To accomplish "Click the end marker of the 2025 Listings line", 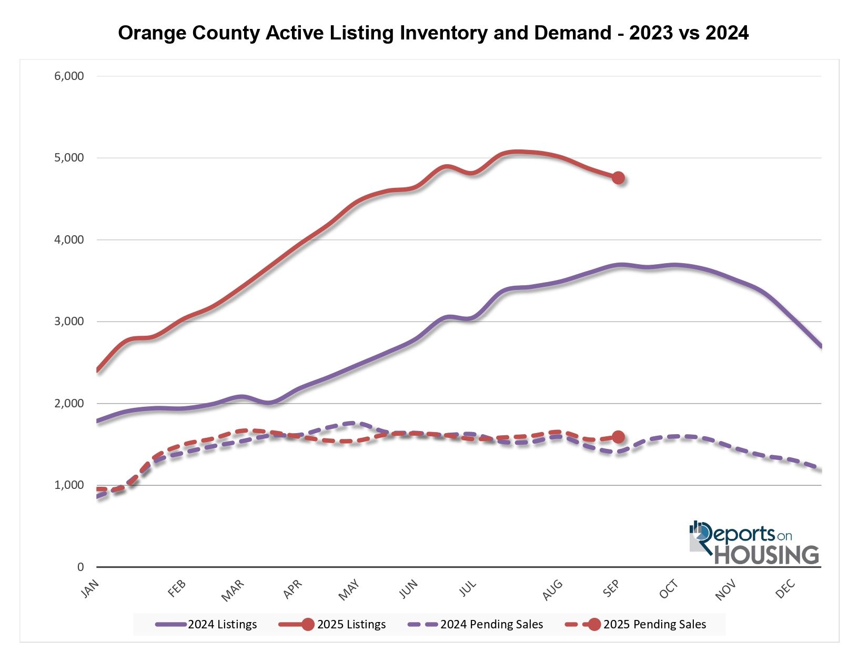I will (x=618, y=178).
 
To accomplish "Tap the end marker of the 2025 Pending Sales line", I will (x=618, y=437).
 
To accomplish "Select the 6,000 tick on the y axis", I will (x=69, y=76).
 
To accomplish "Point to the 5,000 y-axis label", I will (x=69, y=158).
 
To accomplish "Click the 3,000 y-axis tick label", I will (x=69, y=322).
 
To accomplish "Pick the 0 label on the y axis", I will (x=80, y=567).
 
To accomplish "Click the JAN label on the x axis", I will (x=90, y=589).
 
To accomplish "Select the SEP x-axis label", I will (x=611, y=589).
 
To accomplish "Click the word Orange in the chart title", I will (x=152, y=33).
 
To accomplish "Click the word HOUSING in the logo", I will (x=766, y=555).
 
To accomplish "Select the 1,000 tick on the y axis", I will (x=69, y=485).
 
